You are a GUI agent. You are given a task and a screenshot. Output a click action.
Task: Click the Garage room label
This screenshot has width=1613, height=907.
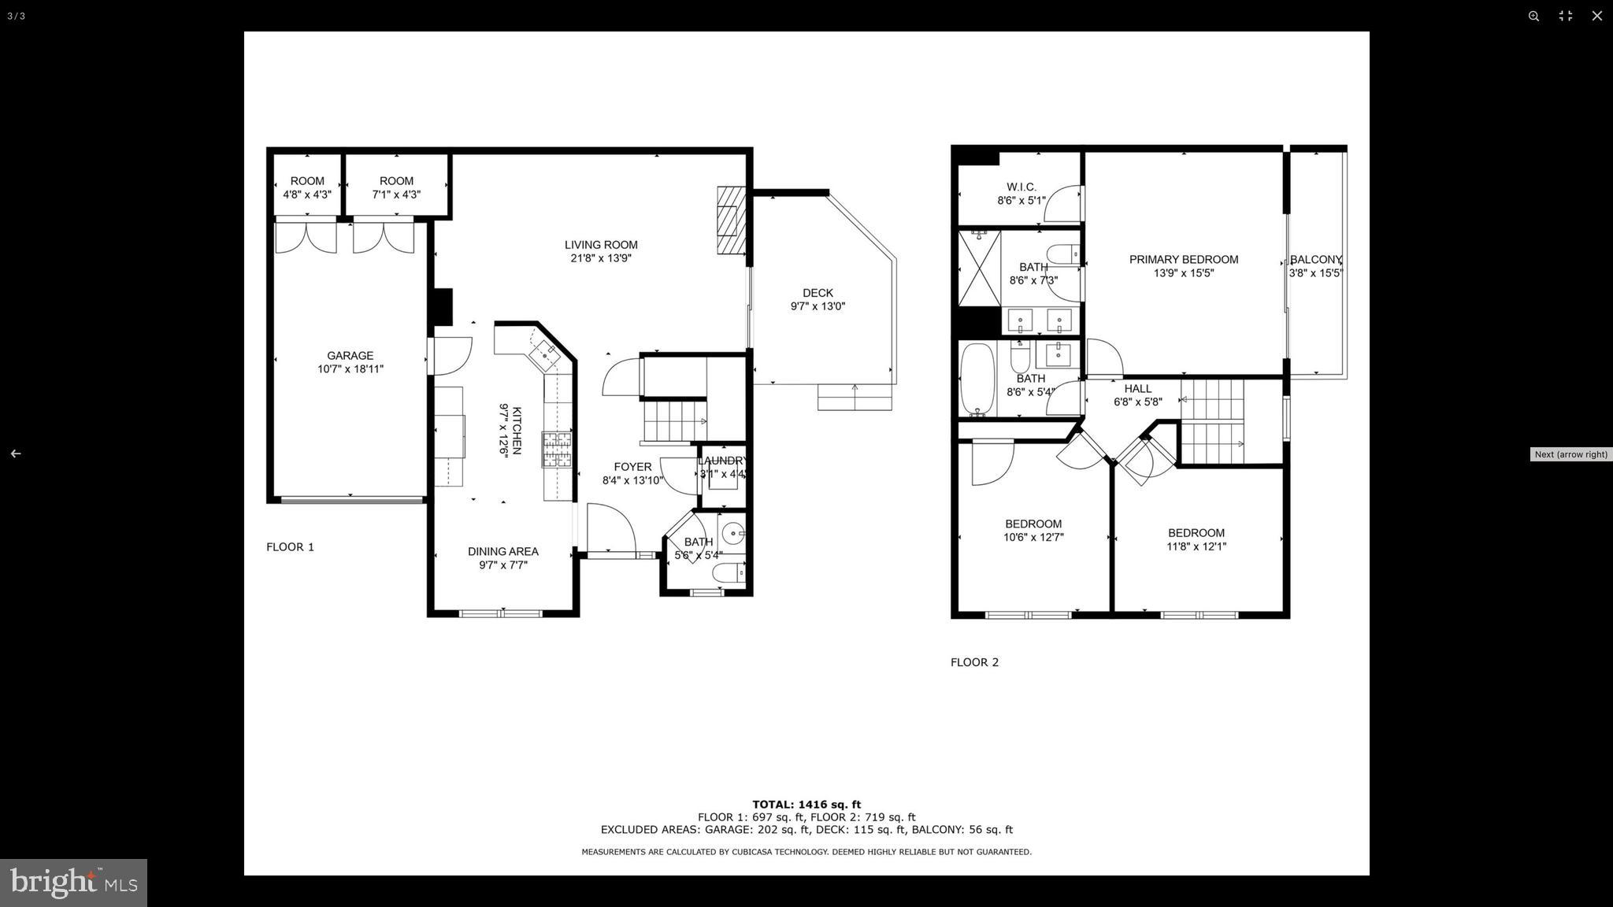[x=350, y=356]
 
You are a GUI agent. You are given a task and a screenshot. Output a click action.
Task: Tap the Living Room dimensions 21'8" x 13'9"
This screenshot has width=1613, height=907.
[x=601, y=258]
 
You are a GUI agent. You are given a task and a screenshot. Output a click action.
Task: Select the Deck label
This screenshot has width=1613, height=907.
[x=818, y=293]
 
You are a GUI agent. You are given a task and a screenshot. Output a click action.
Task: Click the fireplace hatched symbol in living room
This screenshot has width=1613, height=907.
[x=730, y=220]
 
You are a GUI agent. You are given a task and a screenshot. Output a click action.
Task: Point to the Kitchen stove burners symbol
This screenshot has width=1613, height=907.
[x=556, y=450]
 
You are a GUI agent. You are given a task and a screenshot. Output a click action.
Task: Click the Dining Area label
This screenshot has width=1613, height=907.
[x=502, y=551]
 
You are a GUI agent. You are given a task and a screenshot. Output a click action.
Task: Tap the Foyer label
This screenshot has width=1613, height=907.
[x=632, y=467]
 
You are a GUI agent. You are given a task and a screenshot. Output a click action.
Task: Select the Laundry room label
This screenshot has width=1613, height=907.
[x=723, y=461]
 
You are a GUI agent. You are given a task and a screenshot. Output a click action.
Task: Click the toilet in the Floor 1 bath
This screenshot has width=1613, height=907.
[x=728, y=572]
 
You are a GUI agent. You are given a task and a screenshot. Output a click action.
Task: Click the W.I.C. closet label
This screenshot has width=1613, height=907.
[x=1021, y=187]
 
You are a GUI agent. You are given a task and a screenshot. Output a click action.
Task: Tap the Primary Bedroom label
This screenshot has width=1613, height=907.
[x=1183, y=260]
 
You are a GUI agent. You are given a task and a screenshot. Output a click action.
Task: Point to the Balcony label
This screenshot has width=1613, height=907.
[x=1315, y=260]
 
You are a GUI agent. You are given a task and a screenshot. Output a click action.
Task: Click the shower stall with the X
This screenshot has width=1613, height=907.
[x=979, y=268]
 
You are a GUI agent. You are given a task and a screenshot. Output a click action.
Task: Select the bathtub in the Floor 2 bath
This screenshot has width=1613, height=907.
[x=977, y=379]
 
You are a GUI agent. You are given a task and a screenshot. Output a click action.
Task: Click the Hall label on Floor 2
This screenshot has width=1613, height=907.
[x=1137, y=389]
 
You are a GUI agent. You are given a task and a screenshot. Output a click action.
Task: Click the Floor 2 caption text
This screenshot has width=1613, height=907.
[x=974, y=662]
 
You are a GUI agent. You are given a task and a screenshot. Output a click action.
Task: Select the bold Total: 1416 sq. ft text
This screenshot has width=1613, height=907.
[x=806, y=805]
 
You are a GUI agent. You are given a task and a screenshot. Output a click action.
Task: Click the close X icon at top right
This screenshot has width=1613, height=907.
[x=1596, y=16]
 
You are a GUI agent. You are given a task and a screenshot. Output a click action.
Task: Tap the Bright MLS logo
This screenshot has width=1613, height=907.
[x=73, y=883]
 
